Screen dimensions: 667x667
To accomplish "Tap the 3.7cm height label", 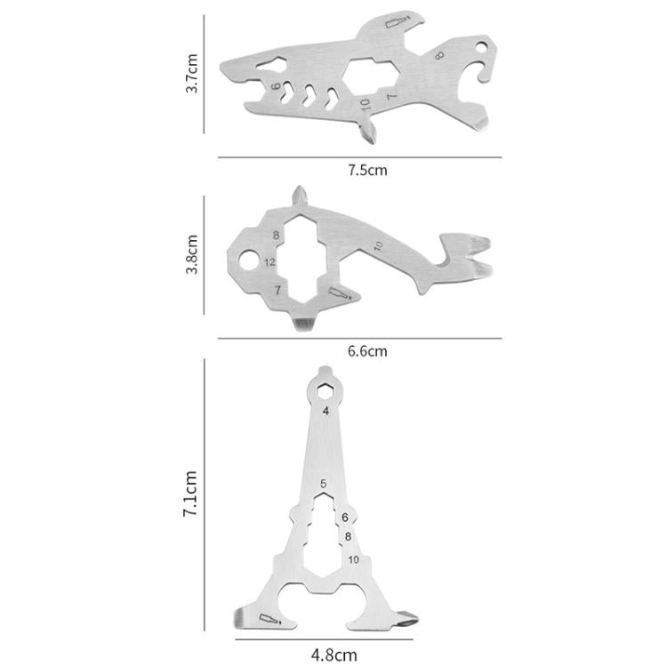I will tap(192, 75).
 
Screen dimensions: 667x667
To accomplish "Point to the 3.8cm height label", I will tap(192, 254).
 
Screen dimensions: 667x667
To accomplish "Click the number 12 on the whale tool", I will tap(270, 262).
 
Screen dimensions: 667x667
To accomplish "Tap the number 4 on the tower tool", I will tap(326, 411).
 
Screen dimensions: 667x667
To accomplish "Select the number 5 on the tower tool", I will tap(325, 483).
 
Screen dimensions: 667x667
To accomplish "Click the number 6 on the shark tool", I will tap(277, 86).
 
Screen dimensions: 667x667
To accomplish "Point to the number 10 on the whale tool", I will tap(377, 245).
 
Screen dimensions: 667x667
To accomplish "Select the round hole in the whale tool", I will tap(249, 261).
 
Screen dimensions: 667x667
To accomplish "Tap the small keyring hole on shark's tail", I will tap(484, 44).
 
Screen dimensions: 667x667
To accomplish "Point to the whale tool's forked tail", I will tap(469, 253).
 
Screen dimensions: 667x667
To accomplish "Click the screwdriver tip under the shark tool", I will tap(366, 133).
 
